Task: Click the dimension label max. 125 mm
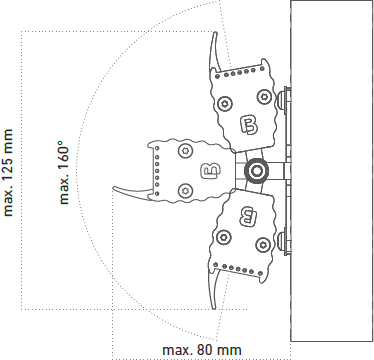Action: pyautogui.click(x=8, y=172)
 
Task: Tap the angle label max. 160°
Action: pyautogui.click(x=63, y=172)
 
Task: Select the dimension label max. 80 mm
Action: pyautogui.click(x=202, y=350)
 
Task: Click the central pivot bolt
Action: pyautogui.click(x=256, y=171)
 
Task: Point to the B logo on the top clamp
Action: pyautogui.click(x=249, y=125)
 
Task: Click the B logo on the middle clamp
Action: pyautogui.click(x=211, y=170)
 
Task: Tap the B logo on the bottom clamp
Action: pyautogui.click(x=248, y=216)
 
